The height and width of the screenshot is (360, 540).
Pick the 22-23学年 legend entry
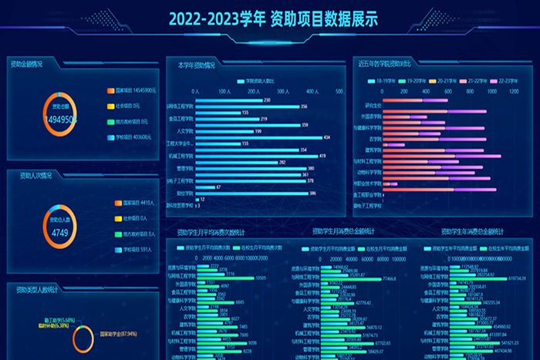pos(507,80)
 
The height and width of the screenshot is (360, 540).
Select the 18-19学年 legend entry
pos(385,80)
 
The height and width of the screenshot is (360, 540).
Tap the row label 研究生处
pos(373,106)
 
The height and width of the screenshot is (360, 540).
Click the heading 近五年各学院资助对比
pos(390,64)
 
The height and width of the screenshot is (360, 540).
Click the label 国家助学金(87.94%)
pos(118,334)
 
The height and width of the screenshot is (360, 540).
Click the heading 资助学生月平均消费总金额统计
pos(343,231)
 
